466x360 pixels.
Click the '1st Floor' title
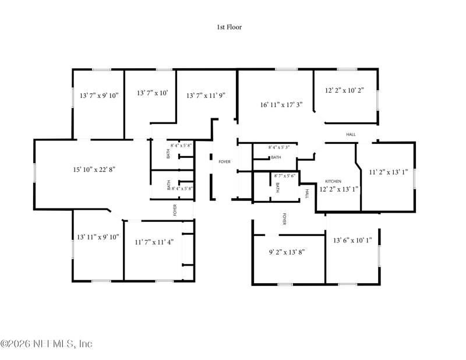(229, 27)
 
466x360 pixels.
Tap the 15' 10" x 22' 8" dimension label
(94, 170)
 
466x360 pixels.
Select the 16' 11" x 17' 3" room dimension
(281, 105)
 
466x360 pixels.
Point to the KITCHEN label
(333, 181)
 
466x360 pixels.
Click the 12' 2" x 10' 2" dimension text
(344, 90)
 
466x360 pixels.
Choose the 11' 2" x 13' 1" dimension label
(389, 172)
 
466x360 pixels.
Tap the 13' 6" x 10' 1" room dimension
(352, 240)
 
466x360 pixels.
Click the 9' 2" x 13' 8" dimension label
(287, 252)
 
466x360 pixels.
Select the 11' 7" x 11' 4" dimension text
(154, 242)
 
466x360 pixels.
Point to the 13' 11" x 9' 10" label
(98, 237)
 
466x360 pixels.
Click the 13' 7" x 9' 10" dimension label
(99, 96)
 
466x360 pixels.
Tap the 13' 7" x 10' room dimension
(153, 93)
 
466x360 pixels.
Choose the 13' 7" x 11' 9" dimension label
(206, 96)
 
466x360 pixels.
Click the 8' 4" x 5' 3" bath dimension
(279, 147)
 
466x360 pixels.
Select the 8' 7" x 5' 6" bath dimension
(284, 176)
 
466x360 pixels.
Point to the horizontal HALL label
(351, 135)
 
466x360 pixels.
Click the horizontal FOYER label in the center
(224, 162)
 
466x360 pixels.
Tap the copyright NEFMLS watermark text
(47, 344)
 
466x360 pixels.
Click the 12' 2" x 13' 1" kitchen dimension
(339, 189)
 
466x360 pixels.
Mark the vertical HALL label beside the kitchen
(307, 194)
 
